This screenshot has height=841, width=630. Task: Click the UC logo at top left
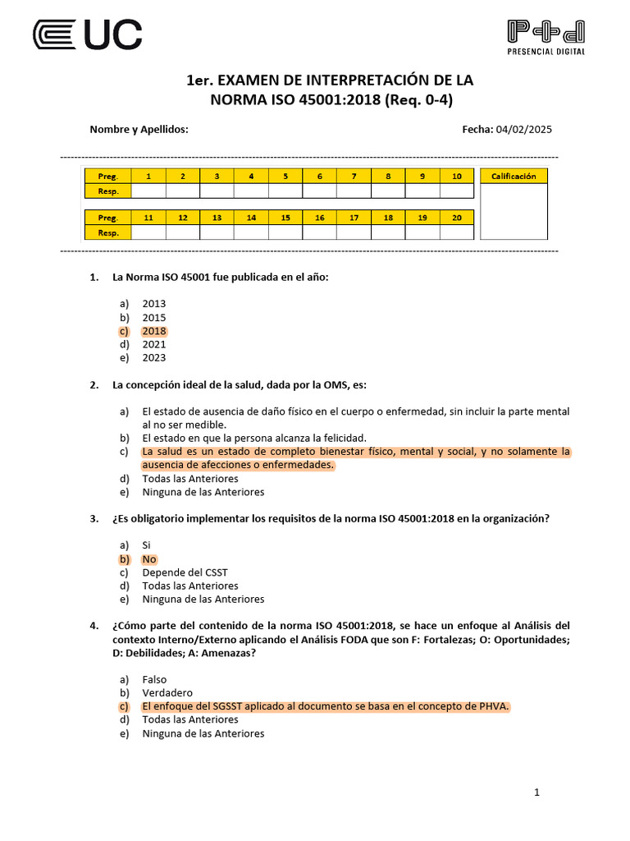(87, 34)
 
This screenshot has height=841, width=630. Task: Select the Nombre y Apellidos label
(139, 130)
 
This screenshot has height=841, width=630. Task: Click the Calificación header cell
(514, 176)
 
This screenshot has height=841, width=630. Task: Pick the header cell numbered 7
(354, 176)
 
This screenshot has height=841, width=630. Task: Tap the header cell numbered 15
(285, 218)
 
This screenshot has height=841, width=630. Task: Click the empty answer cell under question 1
(148, 191)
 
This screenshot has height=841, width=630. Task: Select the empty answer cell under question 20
(456, 232)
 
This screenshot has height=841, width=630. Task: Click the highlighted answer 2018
(154, 331)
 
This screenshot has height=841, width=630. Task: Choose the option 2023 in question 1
(154, 358)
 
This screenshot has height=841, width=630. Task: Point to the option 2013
(154, 304)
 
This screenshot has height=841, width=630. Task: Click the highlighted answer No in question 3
(149, 559)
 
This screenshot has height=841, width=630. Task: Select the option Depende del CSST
(185, 572)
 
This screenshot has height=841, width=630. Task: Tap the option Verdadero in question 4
(167, 693)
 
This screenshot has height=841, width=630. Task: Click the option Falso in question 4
(154, 680)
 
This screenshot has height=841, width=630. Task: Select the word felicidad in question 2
(343, 438)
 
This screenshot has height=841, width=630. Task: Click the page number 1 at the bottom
(536, 793)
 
